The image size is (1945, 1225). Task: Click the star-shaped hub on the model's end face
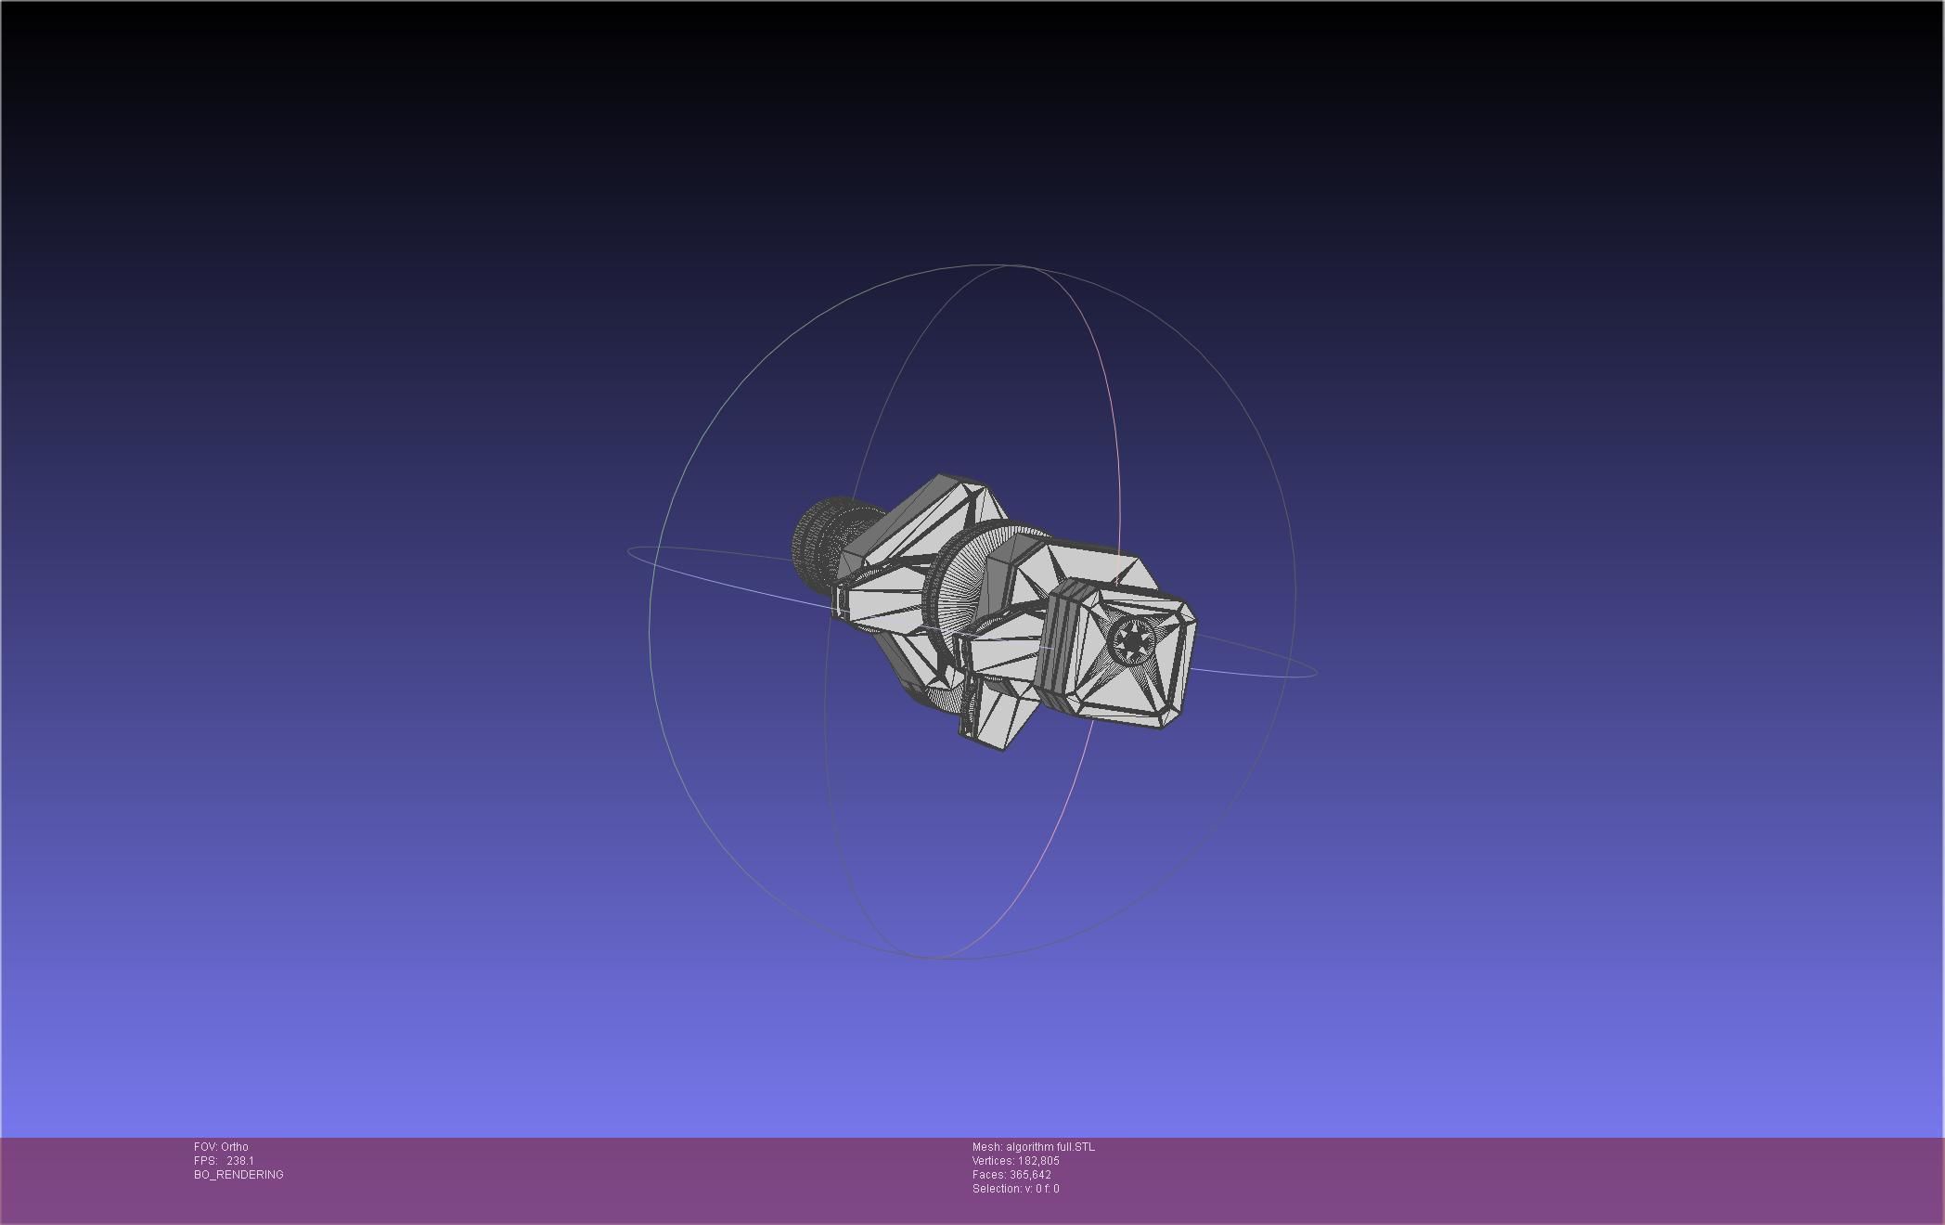pos(1132,640)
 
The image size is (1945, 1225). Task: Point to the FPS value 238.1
pos(239,1161)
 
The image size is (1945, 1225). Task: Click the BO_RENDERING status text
pos(238,1175)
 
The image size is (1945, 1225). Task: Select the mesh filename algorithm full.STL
pos(1050,1147)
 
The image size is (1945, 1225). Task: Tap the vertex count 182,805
pos(1038,1161)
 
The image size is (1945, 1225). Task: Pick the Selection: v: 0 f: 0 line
pos(1015,1189)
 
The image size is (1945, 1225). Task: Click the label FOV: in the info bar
pos(205,1147)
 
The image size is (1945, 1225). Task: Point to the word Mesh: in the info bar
pos(986,1147)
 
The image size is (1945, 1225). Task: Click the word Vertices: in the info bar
pos(993,1161)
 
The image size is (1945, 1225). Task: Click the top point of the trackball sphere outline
pos(974,264)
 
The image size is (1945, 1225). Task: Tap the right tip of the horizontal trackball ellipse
pos(1316,671)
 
